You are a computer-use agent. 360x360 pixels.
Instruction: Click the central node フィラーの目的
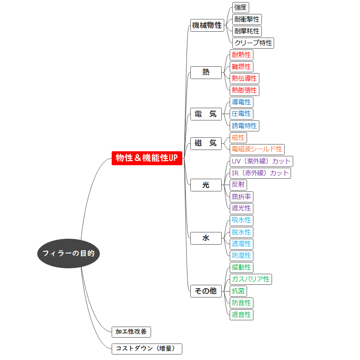click(68, 254)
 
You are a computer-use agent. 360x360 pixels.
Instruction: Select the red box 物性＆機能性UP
click(147, 158)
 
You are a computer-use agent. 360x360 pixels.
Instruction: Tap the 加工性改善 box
click(131, 332)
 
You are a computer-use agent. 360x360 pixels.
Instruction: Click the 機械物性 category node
click(206, 25)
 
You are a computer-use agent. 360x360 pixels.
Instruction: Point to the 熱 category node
click(206, 72)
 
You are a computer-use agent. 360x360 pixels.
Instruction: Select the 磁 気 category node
click(206, 143)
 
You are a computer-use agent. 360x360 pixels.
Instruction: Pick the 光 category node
click(206, 185)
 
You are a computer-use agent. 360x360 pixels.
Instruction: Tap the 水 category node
click(206, 238)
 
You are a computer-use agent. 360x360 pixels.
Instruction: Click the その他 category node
click(206, 291)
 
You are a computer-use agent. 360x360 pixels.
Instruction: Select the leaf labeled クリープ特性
click(253, 43)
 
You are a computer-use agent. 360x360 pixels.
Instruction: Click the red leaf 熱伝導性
click(244, 78)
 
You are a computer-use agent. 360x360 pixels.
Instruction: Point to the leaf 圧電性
click(241, 114)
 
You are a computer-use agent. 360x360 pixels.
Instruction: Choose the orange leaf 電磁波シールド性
click(257, 149)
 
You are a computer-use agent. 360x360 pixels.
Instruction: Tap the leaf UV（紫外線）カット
click(261, 161)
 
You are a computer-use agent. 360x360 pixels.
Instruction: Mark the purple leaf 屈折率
click(241, 196)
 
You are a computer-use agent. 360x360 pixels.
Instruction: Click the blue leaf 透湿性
click(241, 244)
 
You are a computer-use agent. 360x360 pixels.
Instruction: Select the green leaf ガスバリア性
click(250, 279)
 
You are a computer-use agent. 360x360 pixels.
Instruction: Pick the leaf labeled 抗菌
click(238, 291)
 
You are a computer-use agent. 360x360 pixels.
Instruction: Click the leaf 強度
click(241, 7)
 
